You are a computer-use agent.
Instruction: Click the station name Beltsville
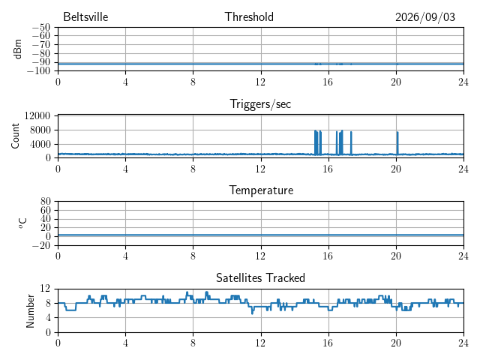coord(85,16)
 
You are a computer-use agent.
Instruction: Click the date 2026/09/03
coord(425,17)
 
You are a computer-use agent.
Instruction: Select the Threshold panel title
coord(249,16)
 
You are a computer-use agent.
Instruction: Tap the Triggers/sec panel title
coord(260,104)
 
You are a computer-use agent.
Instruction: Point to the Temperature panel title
coord(261,190)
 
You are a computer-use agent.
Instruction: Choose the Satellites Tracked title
coord(260,277)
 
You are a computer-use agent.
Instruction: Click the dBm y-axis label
coord(17,49)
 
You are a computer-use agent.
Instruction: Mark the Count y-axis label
coord(15,136)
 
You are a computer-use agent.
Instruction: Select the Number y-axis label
coord(30,311)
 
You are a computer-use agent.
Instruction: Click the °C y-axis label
coord(22,223)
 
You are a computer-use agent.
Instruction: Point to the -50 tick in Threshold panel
coord(41,28)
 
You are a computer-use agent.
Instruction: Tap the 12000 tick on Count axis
coord(37,115)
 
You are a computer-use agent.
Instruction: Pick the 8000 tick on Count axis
coord(40,130)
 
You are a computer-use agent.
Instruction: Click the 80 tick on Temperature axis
coord(45,202)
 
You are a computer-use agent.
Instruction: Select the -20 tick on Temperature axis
coord(41,245)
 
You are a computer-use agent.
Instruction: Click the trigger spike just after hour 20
coord(397,143)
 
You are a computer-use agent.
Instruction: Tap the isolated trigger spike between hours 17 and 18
coord(351,143)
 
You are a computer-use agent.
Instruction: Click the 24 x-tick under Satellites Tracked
coord(463,343)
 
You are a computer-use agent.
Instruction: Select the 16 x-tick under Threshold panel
coord(328,82)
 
